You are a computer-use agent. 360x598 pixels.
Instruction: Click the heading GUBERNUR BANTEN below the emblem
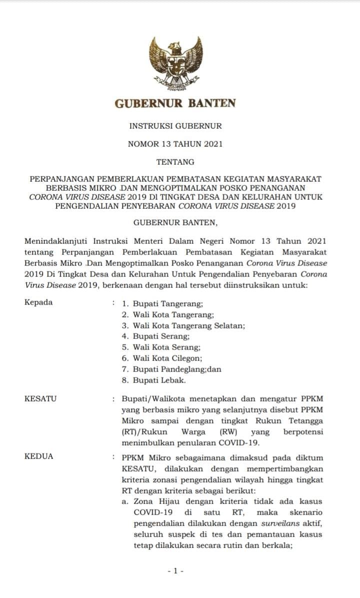tap(175, 104)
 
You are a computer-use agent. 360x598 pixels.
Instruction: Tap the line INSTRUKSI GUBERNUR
tap(175, 126)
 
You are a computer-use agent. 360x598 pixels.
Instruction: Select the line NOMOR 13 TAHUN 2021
tap(175, 144)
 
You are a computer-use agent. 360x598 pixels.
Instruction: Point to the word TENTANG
tap(175, 161)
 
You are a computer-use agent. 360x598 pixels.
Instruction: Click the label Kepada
tap(38, 302)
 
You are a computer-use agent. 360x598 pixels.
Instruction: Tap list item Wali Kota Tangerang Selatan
tap(188, 325)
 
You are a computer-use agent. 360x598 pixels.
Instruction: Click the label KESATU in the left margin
tap(40, 398)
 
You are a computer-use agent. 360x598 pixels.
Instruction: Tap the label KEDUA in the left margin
tap(38, 456)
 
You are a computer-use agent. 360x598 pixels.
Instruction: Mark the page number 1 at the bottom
tap(175, 570)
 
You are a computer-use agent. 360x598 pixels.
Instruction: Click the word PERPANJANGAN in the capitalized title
tap(61, 178)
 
